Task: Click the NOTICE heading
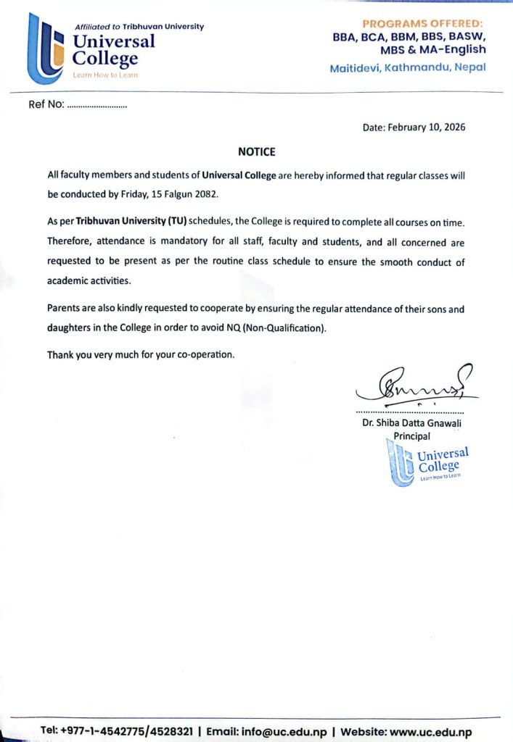[x=257, y=152]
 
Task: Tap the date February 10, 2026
[x=414, y=127]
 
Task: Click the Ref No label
[x=46, y=105]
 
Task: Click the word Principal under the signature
[x=411, y=436]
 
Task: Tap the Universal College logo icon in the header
[x=45, y=49]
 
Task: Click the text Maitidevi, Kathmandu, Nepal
[x=408, y=67]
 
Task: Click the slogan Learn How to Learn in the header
[x=105, y=75]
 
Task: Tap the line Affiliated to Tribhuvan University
[x=139, y=27]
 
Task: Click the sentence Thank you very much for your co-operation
[x=141, y=355]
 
